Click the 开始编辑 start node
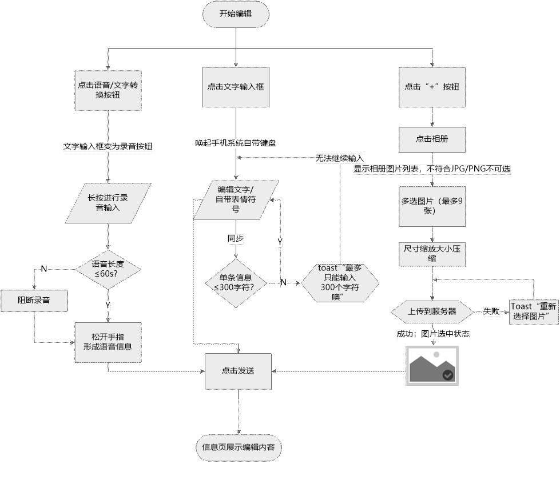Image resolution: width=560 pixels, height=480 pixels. point(236,14)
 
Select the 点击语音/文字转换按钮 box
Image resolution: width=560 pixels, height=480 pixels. point(108,89)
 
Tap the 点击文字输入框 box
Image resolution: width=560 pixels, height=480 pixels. point(236,87)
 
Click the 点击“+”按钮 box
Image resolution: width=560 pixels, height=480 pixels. point(432,87)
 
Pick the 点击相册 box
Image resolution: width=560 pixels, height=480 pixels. point(432,139)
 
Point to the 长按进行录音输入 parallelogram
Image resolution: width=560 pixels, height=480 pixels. point(108,203)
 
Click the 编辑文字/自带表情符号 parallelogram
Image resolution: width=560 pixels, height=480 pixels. point(236,199)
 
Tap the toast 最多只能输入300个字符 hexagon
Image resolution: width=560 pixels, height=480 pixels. point(340,282)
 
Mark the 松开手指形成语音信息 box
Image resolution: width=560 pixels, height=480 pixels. point(108,341)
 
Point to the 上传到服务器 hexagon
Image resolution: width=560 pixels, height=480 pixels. point(432,312)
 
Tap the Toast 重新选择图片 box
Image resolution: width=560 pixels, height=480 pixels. point(534,311)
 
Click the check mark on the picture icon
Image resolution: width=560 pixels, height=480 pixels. point(448,374)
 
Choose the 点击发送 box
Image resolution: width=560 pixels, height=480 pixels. point(238,370)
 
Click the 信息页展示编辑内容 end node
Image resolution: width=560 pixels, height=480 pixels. point(238,447)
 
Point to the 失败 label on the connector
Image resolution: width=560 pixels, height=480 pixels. point(491,311)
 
